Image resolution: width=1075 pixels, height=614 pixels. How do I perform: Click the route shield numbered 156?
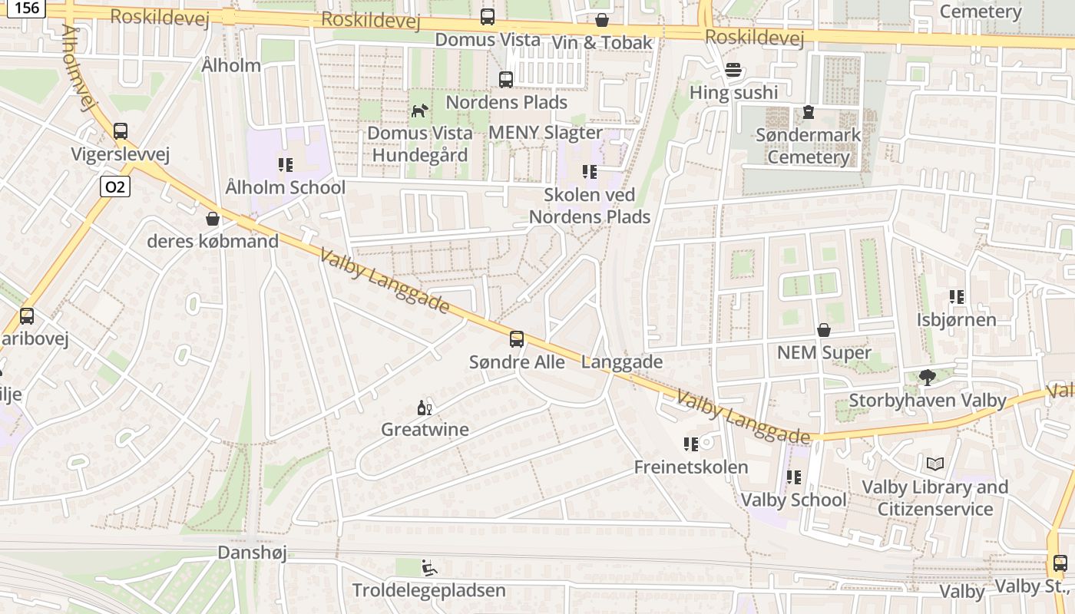click(x=28, y=8)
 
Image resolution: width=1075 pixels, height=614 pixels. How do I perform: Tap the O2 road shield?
click(x=114, y=187)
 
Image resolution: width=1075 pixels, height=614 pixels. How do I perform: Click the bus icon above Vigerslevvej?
click(x=121, y=131)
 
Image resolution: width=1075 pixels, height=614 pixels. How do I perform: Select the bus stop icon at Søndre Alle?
click(x=517, y=338)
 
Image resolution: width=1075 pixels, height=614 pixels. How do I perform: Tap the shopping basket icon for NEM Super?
click(x=824, y=330)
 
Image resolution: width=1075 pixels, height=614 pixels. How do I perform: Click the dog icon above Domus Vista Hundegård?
click(x=418, y=111)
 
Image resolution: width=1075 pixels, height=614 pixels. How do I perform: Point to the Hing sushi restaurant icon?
click(x=733, y=70)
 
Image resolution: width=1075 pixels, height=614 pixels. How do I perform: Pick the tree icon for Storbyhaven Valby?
click(x=927, y=377)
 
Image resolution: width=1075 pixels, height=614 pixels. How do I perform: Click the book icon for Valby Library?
click(x=934, y=464)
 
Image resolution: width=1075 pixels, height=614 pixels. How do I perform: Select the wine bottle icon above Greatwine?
click(x=425, y=407)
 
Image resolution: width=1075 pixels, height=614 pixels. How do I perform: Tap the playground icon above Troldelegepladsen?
click(x=429, y=568)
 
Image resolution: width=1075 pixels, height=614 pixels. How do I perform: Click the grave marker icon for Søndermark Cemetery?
click(x=808, y=113)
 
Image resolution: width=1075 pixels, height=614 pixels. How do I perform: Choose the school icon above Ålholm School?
click(x=286, y=164)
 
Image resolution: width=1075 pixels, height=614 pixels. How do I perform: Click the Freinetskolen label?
click(x=690, y=467)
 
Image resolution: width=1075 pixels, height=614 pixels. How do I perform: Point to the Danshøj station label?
click(x=252, y=553)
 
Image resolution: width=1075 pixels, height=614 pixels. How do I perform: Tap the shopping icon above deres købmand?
click(x=213, y=219)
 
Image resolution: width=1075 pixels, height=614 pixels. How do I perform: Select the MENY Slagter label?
click(x=545, y=132)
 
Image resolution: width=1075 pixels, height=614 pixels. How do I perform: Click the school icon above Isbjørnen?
click(x=956, y=296)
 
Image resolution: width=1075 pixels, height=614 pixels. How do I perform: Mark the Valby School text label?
click(x=793, y=500)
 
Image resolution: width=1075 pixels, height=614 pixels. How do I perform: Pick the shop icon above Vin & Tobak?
click(x=602, y=20)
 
